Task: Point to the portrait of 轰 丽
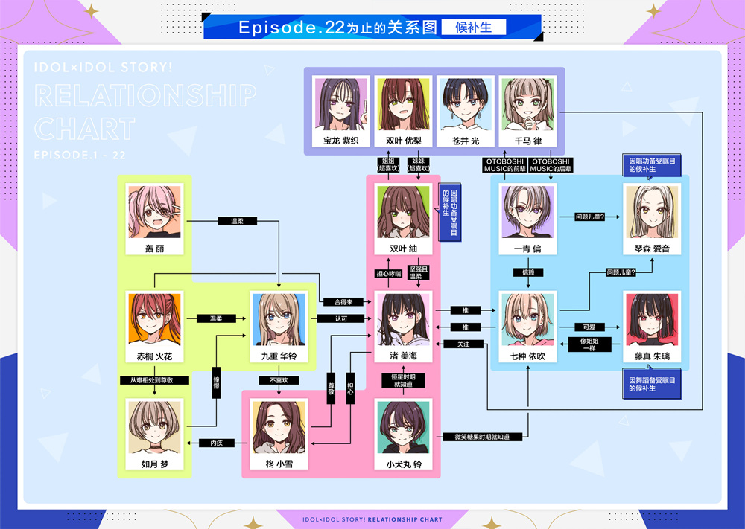point(155,211)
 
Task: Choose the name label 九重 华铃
point(279,356)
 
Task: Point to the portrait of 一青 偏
point(527,211)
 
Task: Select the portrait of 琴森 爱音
point(651,211)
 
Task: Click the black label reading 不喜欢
point(279,380)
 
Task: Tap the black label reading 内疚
point(217,443)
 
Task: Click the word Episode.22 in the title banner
point(291,28)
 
